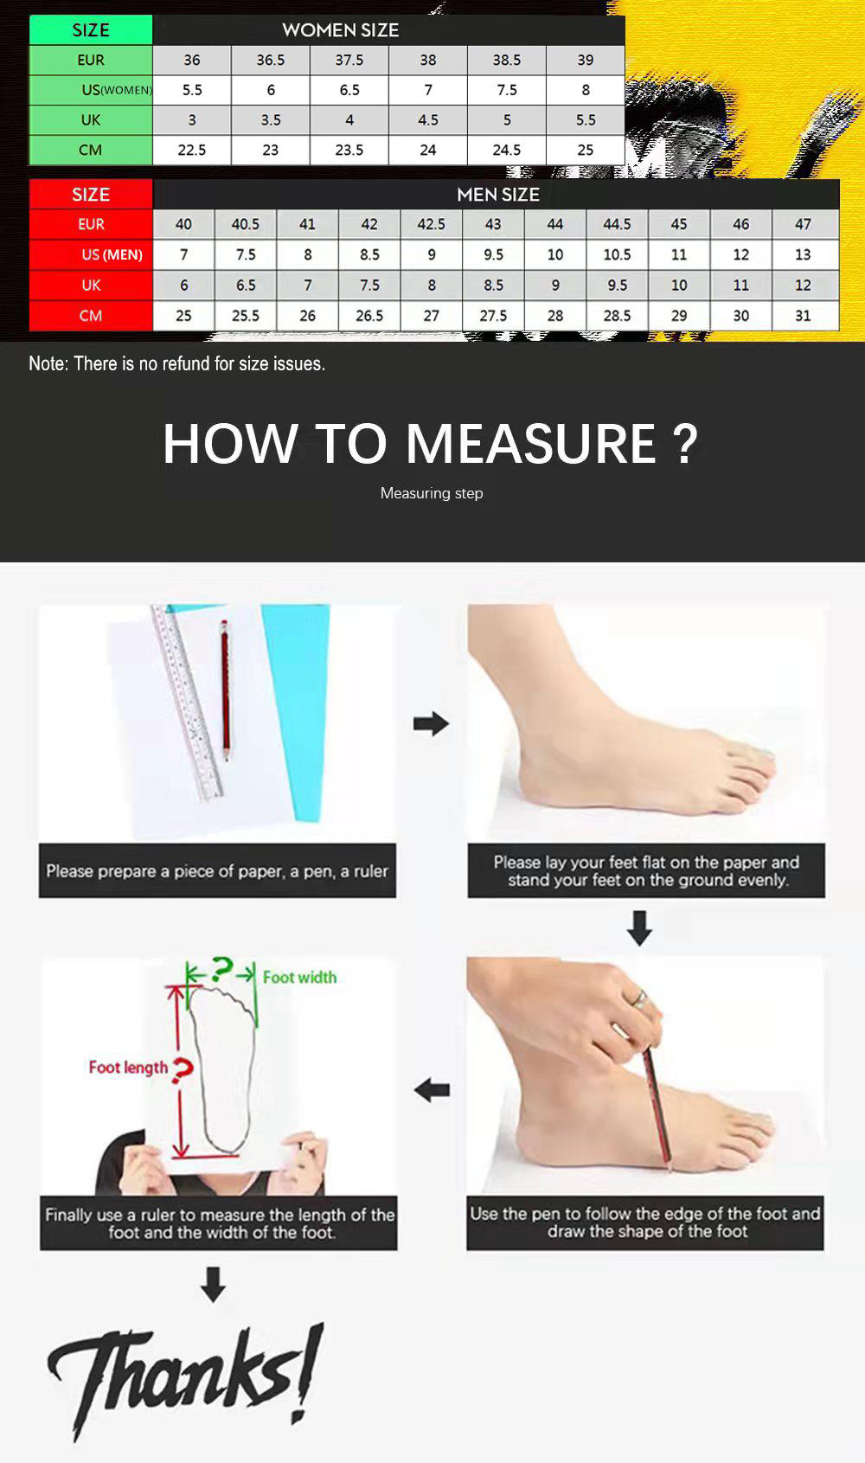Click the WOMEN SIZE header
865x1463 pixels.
click(x=340, y=30)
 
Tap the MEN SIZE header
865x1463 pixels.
click(x=497, y=195)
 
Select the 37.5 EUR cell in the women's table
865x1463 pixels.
click(x=349, y=60)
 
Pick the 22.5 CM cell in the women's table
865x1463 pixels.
click(x=192, y=151)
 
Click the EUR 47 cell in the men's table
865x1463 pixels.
click(x=803, y=224)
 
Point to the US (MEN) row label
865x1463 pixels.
click(x=112, y=254)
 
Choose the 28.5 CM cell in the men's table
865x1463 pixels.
click(x=617, y=316)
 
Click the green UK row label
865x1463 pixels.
click(x=91, y=120)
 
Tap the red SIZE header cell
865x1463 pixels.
click(x=91, y=195)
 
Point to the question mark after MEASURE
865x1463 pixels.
click(x=684, y=444)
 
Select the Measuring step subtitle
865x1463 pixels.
click(x=432, y=493)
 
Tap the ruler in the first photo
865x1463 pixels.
click(x=187, y=703)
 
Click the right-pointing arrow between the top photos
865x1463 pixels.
click(x=431, y=723)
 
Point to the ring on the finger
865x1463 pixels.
click(x=639, y=998)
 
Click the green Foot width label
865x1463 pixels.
click(x=299, y=977)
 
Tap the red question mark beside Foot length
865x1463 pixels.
click(x=183, y=1070)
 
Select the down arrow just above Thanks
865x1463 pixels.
click(x=213, y=1284)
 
